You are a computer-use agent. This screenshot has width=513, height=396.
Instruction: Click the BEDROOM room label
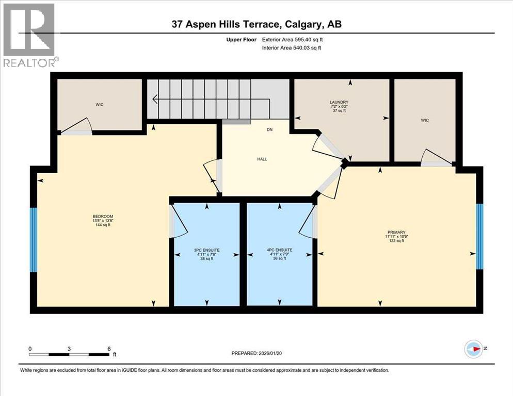[x=103, y=216]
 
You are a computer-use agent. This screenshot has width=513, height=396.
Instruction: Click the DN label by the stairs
[x=269, y=130]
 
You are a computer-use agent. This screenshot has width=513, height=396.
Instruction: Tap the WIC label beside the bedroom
[x=100, y=105]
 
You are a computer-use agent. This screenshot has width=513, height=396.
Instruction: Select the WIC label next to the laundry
[x=425, y=120]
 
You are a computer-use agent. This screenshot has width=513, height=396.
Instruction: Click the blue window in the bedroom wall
[x=34, y=240]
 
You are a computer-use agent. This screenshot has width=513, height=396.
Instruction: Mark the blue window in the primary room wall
[x=479, y=236]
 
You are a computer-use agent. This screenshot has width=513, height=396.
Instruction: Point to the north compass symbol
[x=473, y=349]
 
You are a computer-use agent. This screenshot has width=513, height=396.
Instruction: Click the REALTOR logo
[x=29, y=36]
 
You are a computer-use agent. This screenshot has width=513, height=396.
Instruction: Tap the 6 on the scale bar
[x=108, y=349]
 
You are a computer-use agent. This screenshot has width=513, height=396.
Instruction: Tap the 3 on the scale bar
[x=69, y=349]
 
